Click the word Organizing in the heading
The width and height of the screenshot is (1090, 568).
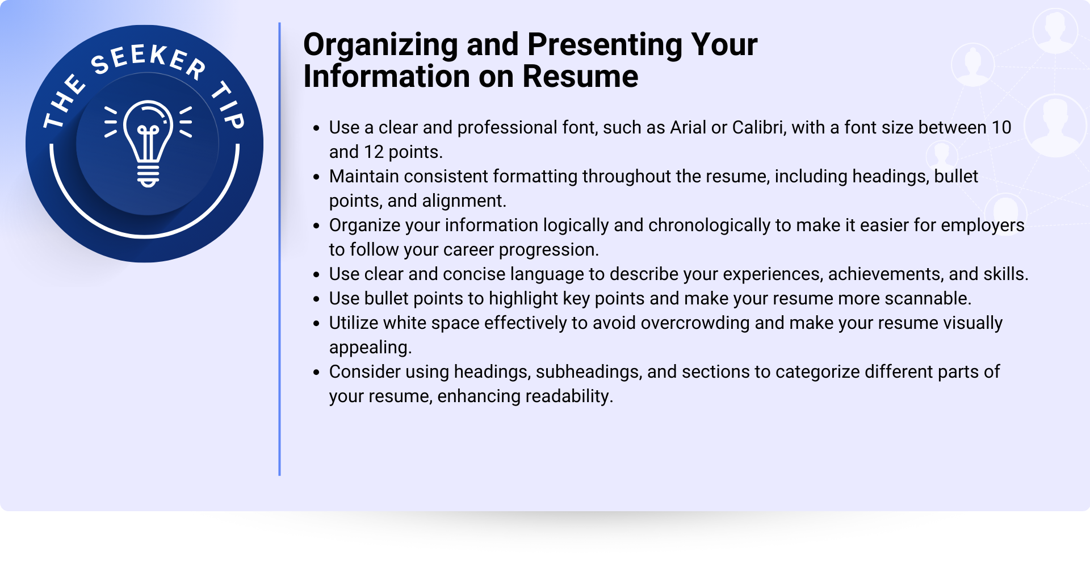pos(380,45)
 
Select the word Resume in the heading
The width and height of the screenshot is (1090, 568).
pos(580,76)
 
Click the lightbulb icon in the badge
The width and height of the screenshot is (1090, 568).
pos(148,144)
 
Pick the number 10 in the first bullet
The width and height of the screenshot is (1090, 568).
pos(1001,127)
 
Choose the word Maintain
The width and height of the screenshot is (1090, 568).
pos(364,176)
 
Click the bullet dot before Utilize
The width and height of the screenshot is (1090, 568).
pos(317,324)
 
